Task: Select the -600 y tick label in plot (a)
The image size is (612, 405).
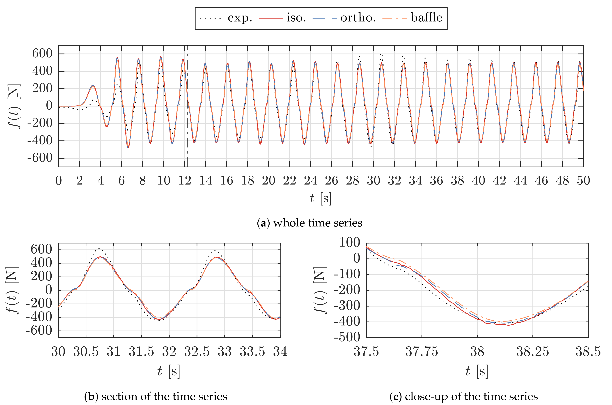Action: tap(40, 158)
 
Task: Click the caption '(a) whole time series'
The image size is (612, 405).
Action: tap(310, 223)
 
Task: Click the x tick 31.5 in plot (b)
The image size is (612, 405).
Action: tap(141, 352)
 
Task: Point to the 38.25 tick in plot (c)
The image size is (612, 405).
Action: tap(533, 352)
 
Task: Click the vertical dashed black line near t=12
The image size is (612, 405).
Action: tap(187, 103)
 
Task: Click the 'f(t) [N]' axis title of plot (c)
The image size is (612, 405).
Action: tap(320, 290)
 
